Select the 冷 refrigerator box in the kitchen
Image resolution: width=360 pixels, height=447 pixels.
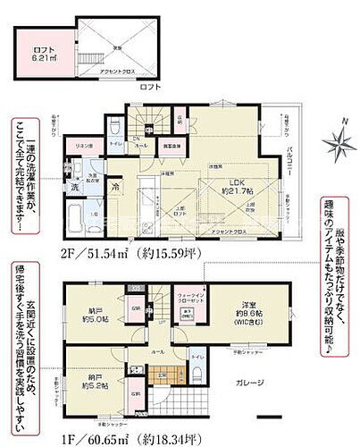point(119,187)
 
